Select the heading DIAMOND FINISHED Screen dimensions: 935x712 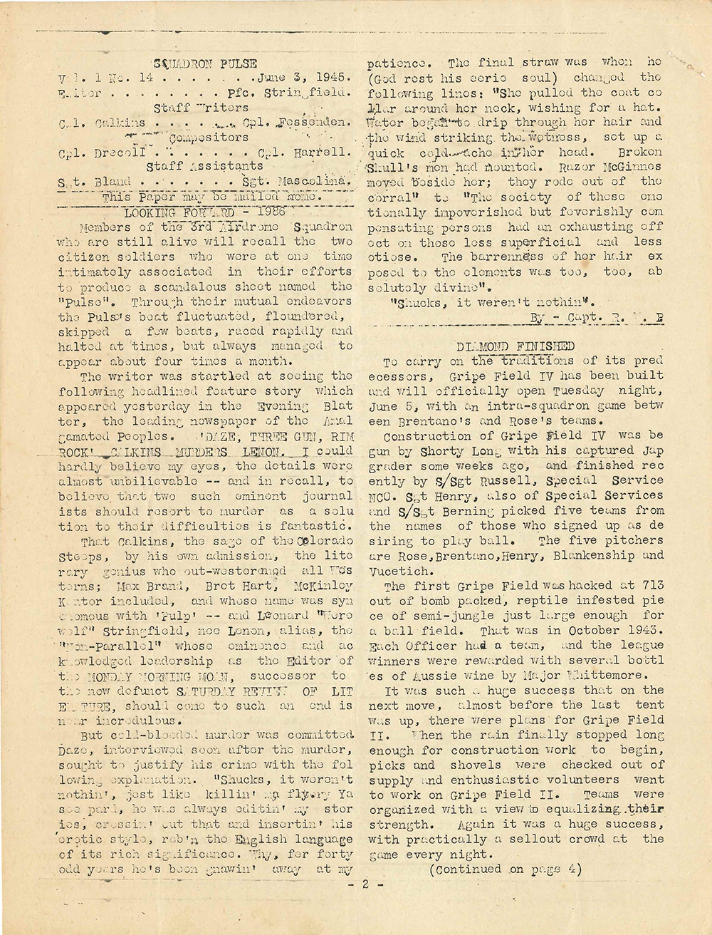click(x=516, y=346)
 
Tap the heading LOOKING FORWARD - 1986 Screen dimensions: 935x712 click(x=204, y=212)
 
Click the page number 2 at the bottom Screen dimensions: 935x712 click(x=363, y=887)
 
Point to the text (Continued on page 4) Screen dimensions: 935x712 click(x=506, y=869)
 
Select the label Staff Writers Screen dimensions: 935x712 click(x=201, y=108)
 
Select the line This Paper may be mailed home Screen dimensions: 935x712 click(x=211, y=197)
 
